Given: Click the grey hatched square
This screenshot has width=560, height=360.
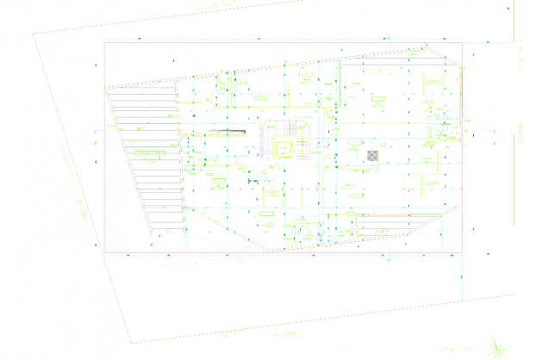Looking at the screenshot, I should click(x=371, y=155).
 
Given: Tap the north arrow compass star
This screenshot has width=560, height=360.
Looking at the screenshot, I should click(x=497, y=347).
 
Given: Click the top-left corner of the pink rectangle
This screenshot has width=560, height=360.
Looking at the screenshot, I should click(x=104, y=42).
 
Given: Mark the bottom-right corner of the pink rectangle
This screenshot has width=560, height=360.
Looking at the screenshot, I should click(x=463, y=254).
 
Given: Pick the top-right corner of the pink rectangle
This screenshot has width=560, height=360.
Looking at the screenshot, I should click(x=463, y=42).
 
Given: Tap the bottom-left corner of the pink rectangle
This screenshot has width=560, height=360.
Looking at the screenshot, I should click(x=104, y=254).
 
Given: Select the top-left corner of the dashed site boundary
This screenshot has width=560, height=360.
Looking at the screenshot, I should click(x=33, y=34).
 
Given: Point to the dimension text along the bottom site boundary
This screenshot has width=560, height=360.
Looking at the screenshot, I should click(x=283, y=332).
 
